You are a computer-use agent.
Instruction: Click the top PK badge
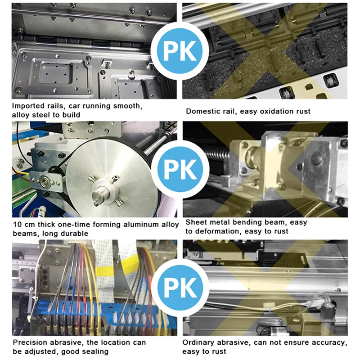click(x=179, y=51)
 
